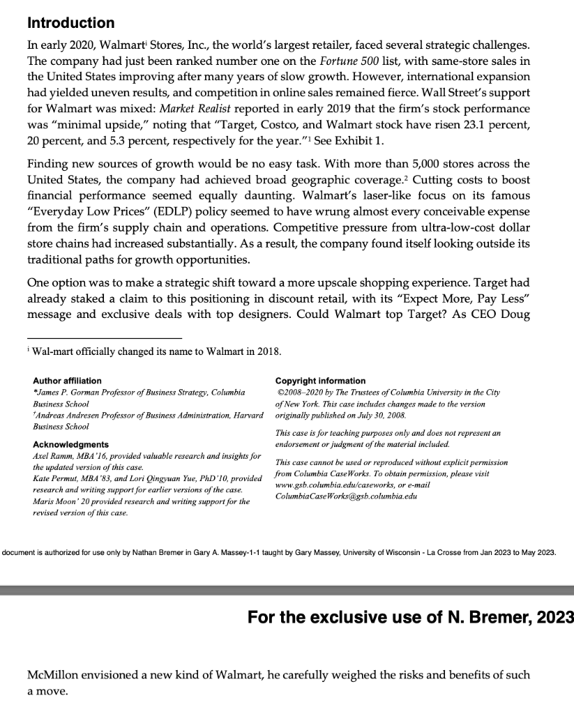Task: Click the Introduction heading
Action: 70,24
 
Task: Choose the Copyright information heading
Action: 320,381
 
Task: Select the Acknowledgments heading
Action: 70,444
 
